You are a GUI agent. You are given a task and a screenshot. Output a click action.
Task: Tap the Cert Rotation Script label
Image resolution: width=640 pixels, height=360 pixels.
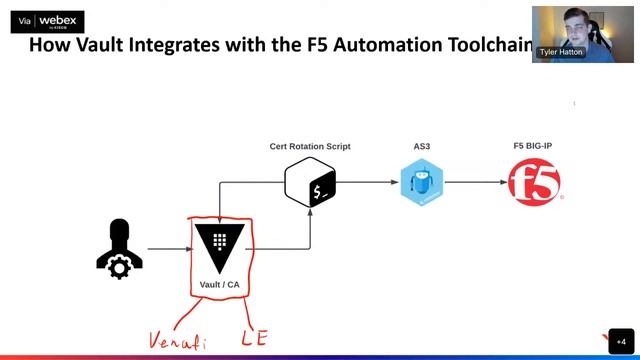coord(310,146)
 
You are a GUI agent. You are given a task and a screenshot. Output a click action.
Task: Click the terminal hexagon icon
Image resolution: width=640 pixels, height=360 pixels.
coord(310,184)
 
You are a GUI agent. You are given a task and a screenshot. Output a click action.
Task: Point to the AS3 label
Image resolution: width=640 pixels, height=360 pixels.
coord(422,146)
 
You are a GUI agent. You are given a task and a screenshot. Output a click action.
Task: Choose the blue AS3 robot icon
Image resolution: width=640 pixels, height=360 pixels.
coord(422,184)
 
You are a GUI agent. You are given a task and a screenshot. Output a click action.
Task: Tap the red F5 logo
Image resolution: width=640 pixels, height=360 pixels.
coord(533,184)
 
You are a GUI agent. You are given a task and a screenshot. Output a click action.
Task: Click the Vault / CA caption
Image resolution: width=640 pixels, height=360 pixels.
coord(219,285)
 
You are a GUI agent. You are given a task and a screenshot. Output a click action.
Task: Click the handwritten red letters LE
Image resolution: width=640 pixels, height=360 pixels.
coord(254,339)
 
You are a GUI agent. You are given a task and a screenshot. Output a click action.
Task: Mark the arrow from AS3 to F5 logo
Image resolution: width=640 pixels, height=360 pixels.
coord(475,183)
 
